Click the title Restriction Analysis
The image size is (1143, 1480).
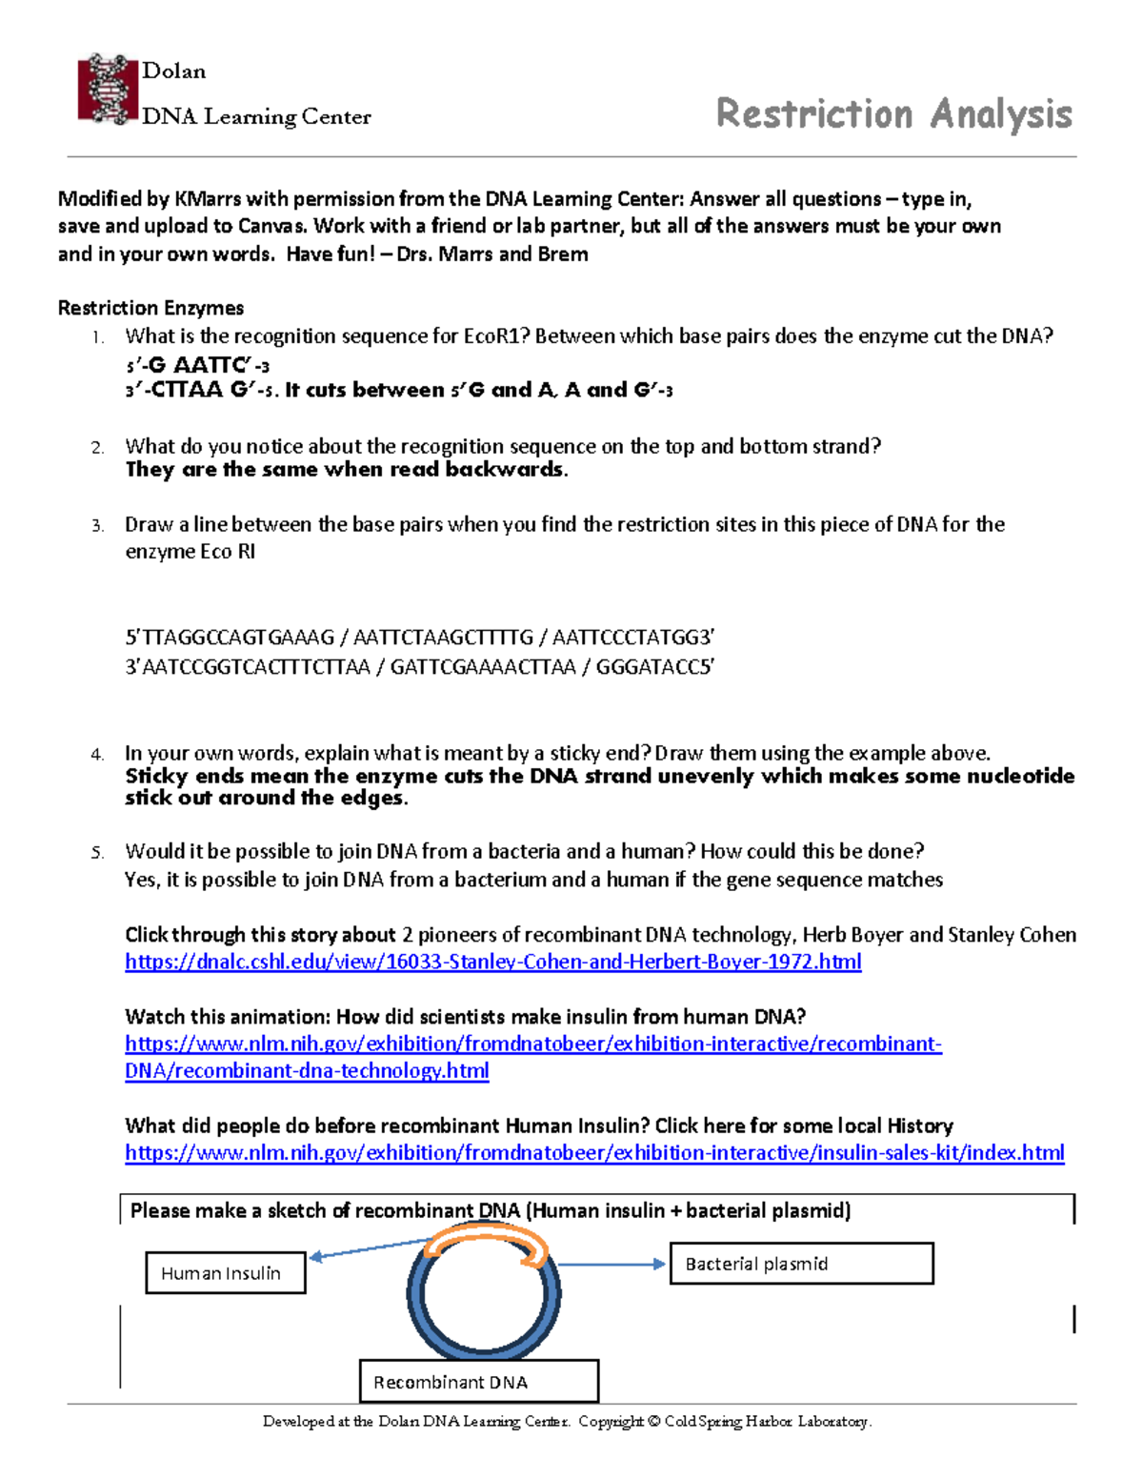(x=893, y=113)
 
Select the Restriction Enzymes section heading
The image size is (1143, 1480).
(x=150, y=308)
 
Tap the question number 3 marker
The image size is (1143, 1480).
(x=96, y=526)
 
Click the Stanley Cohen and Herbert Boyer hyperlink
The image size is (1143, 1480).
(x=492, y=962)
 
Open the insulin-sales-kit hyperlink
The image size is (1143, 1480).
(x=594, y=1153)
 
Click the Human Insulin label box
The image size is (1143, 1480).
(x=225, y=1273)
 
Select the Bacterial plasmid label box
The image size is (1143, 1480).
(x=800, y=1264)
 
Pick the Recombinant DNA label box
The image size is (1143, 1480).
(x=478, y=1382)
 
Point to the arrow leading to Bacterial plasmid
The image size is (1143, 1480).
(x=612, y=1265)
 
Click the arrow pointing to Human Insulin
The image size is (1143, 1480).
(x=371, y=1248)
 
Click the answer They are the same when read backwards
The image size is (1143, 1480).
(x=346, y=470)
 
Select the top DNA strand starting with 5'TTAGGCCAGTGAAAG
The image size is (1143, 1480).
(x=419, y=638)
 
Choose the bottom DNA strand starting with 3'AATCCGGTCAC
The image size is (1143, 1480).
(x=419, y=667)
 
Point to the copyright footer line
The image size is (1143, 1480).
(x=568, y=1422)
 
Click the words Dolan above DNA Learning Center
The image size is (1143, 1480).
(x=173, y=71)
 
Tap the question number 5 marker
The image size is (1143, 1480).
(x=96, y=853)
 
